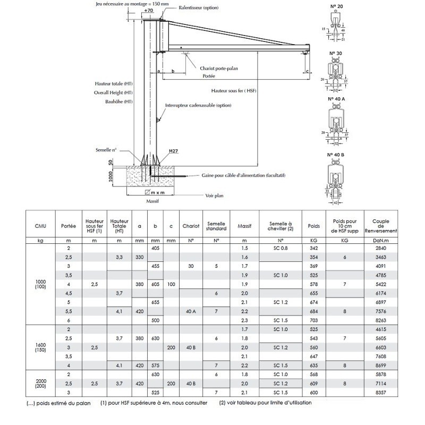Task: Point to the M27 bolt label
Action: pyautogui.click(x=173, y=151)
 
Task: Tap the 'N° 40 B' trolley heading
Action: pyautogui.click(x=335, y=155)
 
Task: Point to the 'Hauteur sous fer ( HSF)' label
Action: pyautogui.click(x=233, y=91)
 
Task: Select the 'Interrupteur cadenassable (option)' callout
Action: pyautogui.click(x=198, y=105)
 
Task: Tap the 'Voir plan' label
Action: pyautogui.click(x=215, y=195)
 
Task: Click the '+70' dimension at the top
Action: pyautogui.click(x=148, y=10)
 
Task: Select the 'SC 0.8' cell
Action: pyautogui.click(x=280, y=248)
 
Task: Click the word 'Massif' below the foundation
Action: pyautogui.click(x=153, y=202)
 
